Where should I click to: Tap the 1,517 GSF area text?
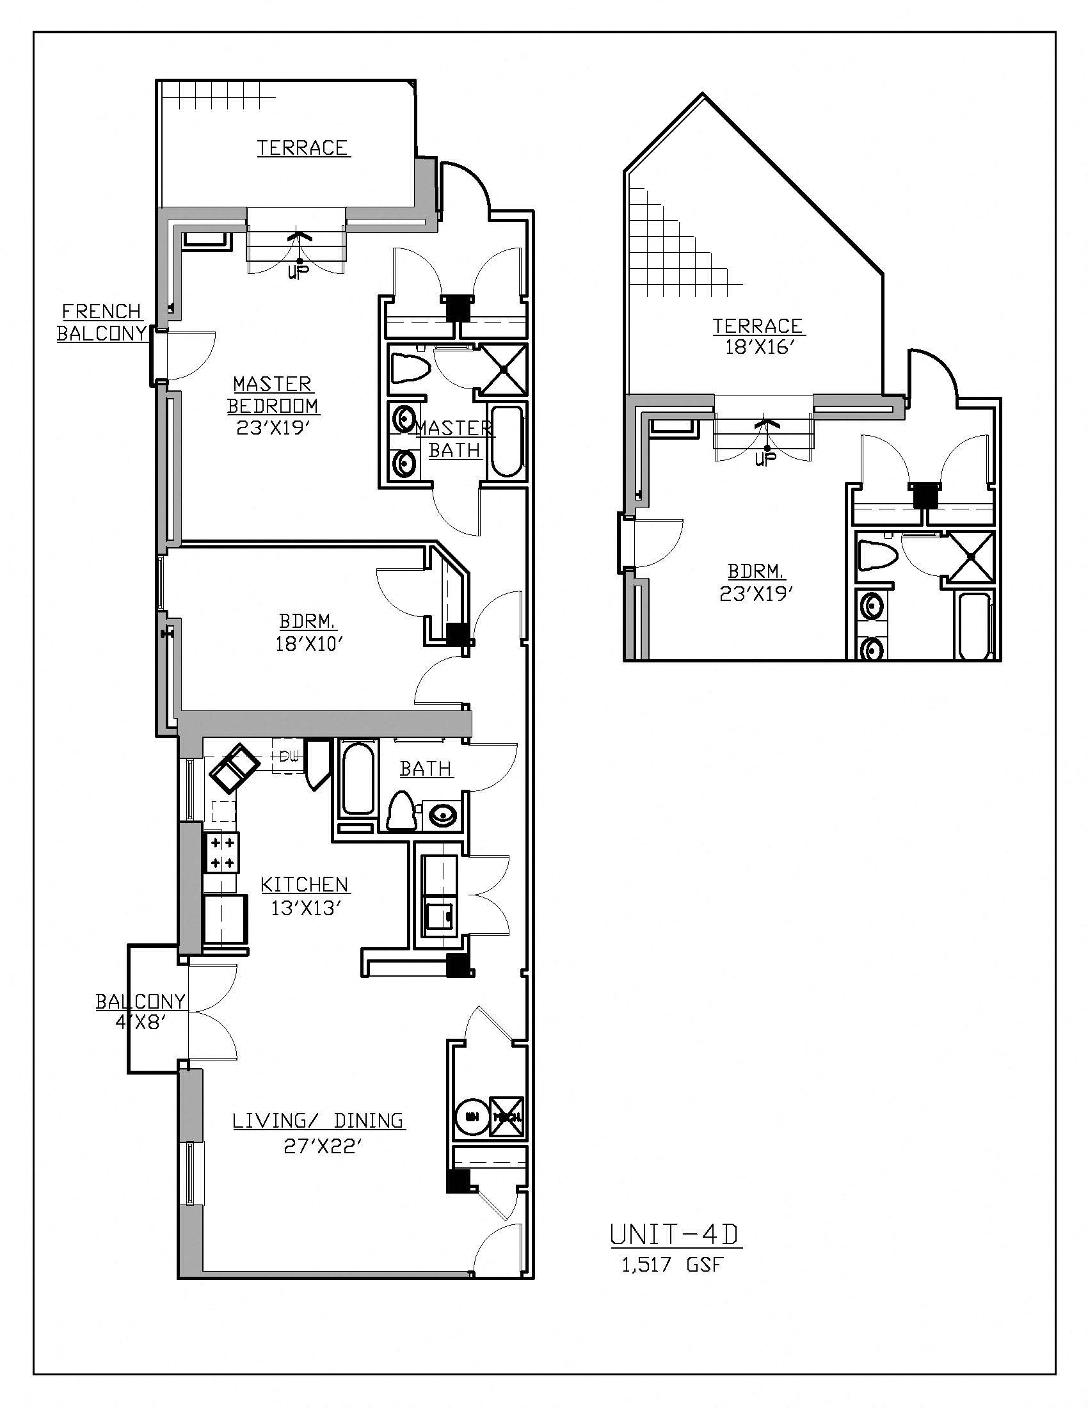673,1265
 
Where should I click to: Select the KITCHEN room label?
304,884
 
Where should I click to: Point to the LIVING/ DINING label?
319,1121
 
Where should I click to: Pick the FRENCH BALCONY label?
102,323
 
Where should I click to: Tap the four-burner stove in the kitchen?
221,852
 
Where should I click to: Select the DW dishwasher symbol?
287,757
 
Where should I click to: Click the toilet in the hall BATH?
401,812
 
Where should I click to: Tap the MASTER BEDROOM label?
273,395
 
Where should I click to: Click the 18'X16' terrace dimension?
757,348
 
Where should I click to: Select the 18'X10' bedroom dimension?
306,644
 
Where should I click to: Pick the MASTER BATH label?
454,439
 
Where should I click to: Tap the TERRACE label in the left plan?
303,148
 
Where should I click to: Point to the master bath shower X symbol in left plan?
505,369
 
